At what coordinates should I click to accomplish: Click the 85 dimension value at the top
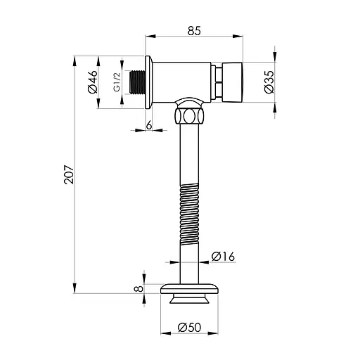point(194,31)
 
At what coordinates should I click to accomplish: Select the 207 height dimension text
point(70,174)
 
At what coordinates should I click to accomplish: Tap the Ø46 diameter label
point(92,82)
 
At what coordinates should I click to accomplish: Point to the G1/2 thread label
point(117,82)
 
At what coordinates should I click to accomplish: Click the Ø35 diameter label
point(269,82)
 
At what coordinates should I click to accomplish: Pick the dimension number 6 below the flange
point(149,125)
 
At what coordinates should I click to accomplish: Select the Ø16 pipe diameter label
point(223,257)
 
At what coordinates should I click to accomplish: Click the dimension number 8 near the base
point(138,288)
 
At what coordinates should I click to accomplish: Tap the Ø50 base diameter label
point(189,328)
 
